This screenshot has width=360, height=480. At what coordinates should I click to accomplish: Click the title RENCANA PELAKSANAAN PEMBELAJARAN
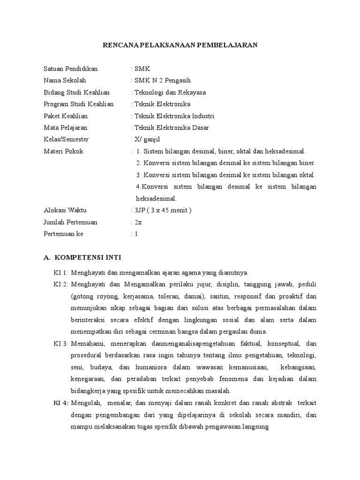180,45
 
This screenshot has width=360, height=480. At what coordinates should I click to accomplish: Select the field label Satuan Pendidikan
70,69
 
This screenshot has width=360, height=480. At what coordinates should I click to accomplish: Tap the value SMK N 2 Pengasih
162,81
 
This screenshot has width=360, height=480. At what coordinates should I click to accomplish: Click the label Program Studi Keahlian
78,104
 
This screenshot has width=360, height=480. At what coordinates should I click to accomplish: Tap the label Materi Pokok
63,151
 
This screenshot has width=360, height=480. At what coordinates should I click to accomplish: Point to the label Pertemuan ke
63,234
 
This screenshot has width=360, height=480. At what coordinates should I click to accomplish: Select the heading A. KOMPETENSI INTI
82,257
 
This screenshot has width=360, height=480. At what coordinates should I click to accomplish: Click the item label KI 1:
61,272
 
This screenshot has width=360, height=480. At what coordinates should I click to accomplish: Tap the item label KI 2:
61,284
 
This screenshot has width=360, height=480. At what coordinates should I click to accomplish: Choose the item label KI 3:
61,343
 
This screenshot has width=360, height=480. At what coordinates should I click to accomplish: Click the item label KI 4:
61,403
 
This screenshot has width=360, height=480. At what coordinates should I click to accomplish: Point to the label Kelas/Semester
66,139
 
